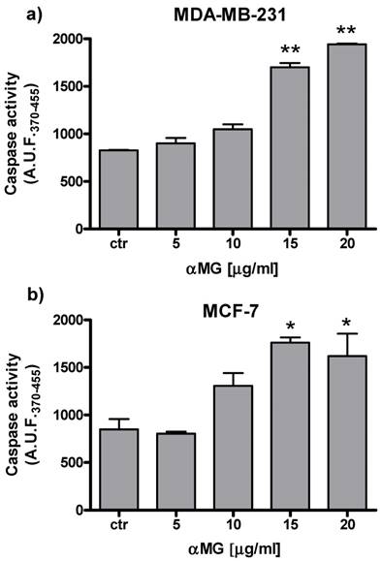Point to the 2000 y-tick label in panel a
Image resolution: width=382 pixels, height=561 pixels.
click(x=70, y=40)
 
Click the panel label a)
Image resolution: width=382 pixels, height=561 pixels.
click(x=14, y=13)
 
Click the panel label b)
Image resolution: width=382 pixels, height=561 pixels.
click(x=14, y=296)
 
